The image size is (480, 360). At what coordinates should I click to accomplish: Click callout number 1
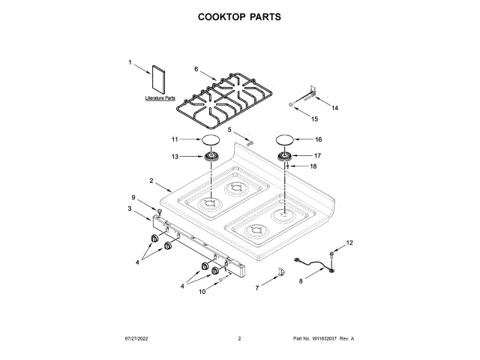[130, 63]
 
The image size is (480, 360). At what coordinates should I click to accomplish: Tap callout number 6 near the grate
[196, 69]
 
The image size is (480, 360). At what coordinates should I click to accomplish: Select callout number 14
[334, 108]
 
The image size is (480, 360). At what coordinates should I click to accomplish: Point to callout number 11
[175, 139]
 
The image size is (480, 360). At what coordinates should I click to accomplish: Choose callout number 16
[318, 139]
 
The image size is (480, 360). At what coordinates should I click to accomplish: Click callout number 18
[313, 166]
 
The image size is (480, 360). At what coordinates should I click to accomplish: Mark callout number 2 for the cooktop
[151, 181]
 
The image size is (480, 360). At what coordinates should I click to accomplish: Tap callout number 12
[348, 243]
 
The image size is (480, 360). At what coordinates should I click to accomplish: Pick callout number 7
[257, 287]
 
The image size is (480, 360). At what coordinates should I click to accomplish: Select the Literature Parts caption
[160, 98]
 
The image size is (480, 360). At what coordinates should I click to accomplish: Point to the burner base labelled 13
[211, 156]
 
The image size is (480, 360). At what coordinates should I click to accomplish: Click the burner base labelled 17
[286, 156]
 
